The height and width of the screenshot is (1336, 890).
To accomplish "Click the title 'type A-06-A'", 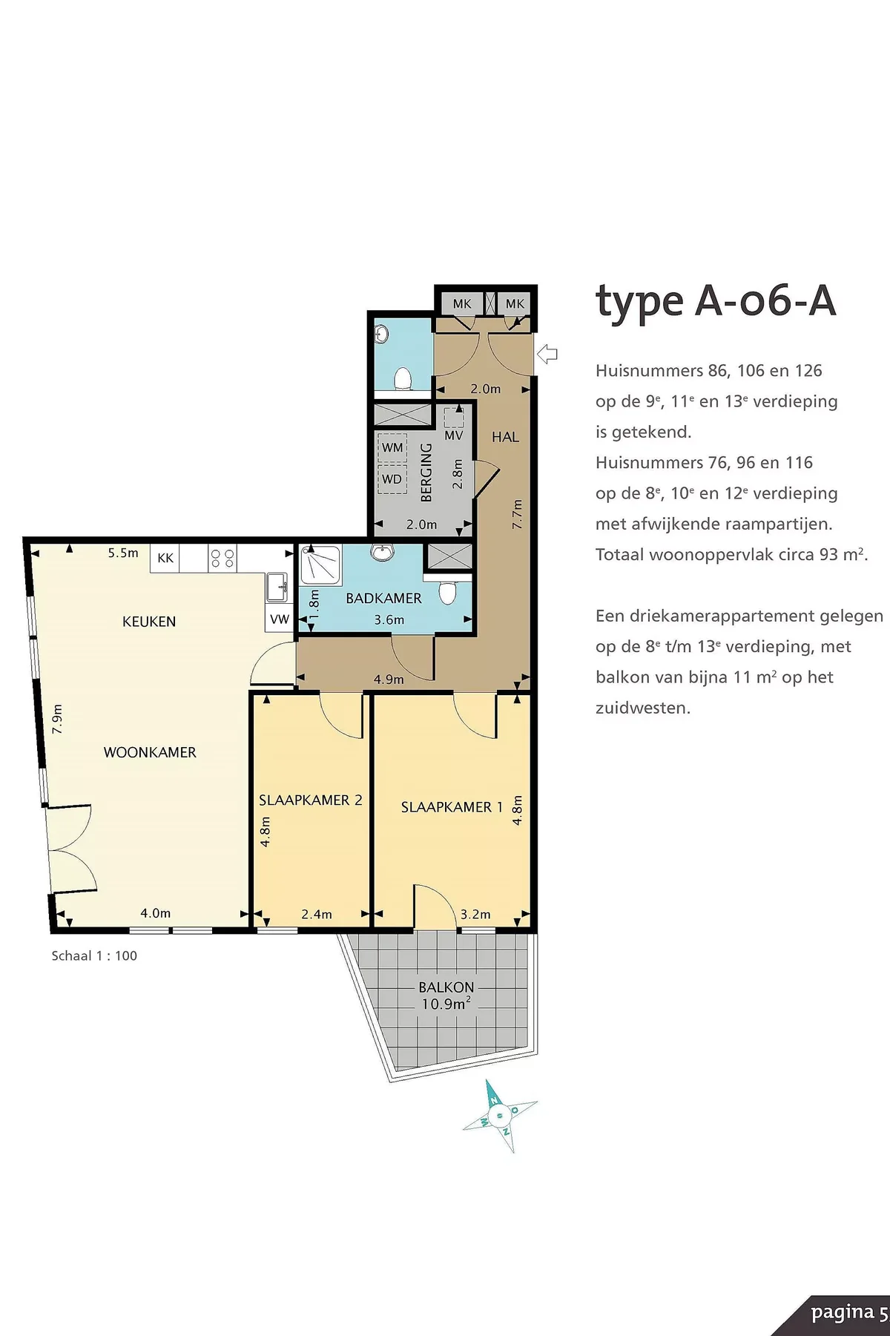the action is tap(716, 302).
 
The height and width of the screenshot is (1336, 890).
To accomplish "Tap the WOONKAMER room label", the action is tap(150, 752).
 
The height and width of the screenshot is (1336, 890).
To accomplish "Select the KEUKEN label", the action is tap(149, 622).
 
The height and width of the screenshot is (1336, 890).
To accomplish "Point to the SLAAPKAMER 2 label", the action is tap(310, 800).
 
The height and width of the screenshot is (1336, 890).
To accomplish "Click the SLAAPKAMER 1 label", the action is tap(452, 807).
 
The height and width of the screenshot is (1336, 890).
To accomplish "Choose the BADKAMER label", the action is tap(383, 598).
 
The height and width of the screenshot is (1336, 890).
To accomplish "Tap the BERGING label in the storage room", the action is tap(426, 472).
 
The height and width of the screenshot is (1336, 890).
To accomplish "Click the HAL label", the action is tap(505, 437).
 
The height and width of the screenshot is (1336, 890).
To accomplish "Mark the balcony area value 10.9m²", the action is tap(446, 1004).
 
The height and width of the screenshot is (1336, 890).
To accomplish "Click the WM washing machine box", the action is tap(392, 448).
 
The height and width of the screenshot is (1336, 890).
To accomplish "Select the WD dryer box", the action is tap(392, 479).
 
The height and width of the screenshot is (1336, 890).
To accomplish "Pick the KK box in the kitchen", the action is tap(165, 558).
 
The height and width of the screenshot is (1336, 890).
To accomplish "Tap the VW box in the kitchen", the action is tap(280, 619).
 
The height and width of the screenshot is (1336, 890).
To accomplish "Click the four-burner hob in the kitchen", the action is tap(222, 558).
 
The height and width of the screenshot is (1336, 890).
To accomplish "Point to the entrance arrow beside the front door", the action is tap(547, 354).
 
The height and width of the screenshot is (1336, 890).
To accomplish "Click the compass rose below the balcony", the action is tap(501, 1115).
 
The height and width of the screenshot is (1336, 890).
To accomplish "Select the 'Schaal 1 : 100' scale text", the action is tap(94, 956).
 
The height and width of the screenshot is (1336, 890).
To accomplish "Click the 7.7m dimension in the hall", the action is tap(518, 514).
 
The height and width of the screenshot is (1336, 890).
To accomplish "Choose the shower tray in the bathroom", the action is tap(321, 565).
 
